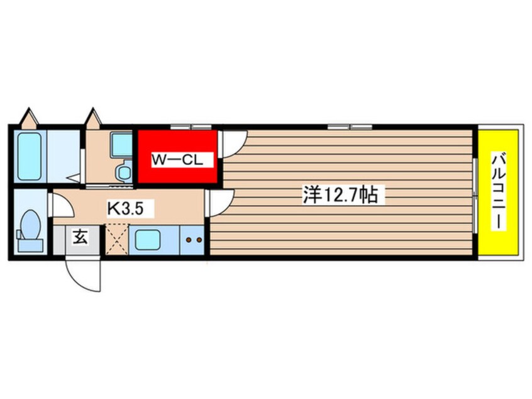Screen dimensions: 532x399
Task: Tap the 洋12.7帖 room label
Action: pos(340,194)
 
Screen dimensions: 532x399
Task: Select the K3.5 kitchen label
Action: pos(125,209)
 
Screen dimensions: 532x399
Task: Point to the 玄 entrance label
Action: pos(80,237)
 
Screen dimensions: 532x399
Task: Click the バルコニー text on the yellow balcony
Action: pos(499,192)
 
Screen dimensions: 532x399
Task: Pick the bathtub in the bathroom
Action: pos(29,156)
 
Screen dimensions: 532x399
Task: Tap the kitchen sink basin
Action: pos(148,240)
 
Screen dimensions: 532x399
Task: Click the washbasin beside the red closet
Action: pos(121,145)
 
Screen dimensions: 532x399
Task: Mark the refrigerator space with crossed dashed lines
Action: pos(117,239)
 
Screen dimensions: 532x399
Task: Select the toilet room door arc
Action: pos(62,205)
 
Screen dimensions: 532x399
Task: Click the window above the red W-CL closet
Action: pos(191,127)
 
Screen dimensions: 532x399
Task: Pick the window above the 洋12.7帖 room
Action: pos(350,127)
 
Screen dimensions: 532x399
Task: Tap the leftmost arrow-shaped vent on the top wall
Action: pos(29,118)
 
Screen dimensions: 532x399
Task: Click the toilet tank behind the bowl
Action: pos(30,245)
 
